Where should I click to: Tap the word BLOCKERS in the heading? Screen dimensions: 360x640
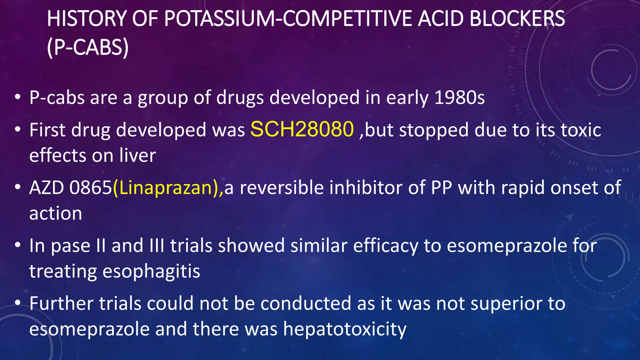tap(517, 18)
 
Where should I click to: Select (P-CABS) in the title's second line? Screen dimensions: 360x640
tap(88, 47)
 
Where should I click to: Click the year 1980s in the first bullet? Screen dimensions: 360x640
tap(459, 97)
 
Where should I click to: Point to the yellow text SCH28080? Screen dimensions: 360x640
tap(302, 129)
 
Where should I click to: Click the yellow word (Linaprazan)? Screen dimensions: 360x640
tap(168, 188)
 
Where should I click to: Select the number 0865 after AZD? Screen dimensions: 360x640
tap(91, 188)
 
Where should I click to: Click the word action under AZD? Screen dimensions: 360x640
tap(56, 213)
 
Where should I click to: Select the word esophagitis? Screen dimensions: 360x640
tap(151, 271)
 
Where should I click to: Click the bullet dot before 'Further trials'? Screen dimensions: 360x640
tap(18, 303)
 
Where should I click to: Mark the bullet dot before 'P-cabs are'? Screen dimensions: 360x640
tap(18, 97)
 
